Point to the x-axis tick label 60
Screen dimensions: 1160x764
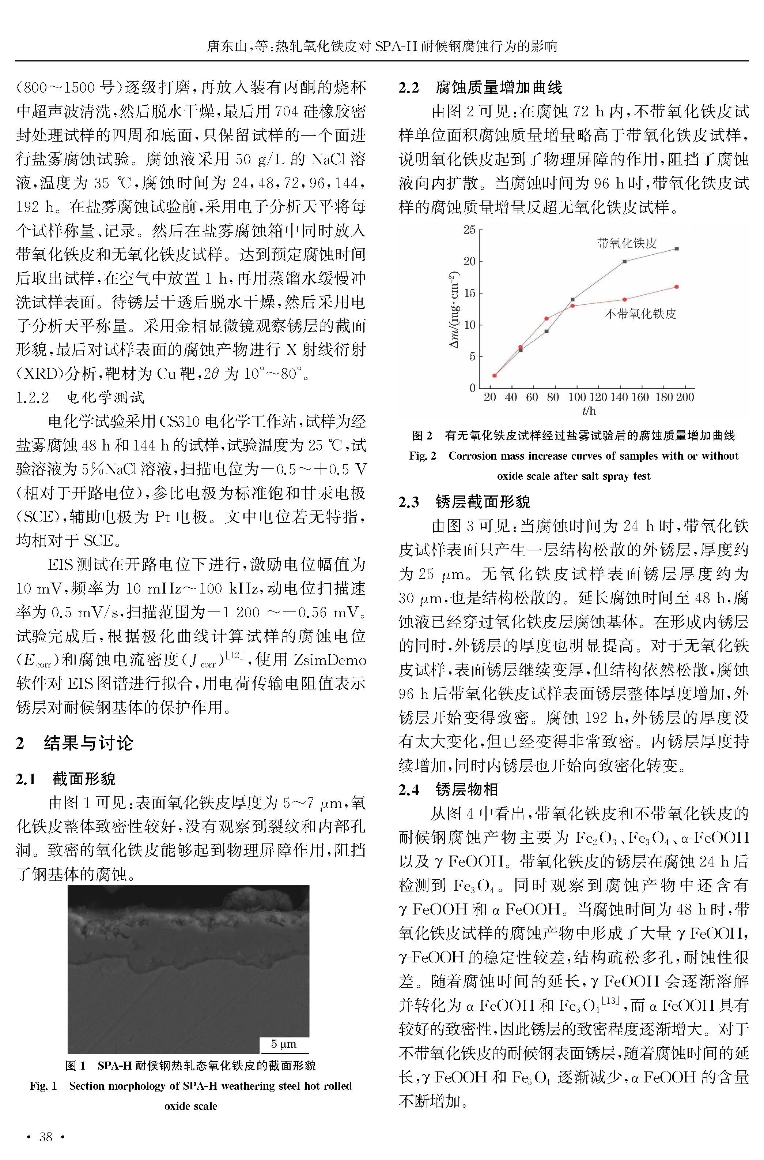click(x=532, y=397)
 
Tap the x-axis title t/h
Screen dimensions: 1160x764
click(x=589, y=411)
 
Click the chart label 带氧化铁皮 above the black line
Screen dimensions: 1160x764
click(x=627, y=243)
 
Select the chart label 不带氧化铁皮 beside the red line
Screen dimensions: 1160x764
click(x=640, y=314)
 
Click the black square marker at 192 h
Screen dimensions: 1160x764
click(x=676, y=249)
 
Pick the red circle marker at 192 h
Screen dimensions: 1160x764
click(x=676, y=287)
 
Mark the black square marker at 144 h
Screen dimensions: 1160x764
click(x=625, y=261)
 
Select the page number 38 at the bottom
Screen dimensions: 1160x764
click(x=46, y=1137)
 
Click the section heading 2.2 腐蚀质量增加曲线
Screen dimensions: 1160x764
click(x=480, y=88)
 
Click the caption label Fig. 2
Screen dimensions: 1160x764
click(x=423, y=456)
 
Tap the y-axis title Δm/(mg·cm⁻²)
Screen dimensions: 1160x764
click(x=454, y=309)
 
